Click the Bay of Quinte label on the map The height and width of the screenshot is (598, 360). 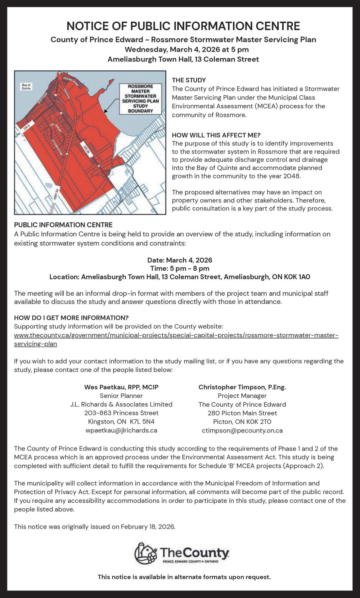[26, 87]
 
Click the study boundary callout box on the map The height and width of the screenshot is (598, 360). [140, 99]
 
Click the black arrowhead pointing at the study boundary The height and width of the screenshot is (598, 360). [105, 112]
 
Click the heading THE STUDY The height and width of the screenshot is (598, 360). [189, 80]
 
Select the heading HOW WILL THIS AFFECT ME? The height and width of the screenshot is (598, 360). [216, 135]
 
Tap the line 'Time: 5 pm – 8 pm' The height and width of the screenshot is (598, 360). [180, 268]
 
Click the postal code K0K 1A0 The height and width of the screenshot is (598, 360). [297, 277]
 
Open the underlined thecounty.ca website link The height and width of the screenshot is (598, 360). [176, 335]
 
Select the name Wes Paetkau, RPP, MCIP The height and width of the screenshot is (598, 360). [121, 387]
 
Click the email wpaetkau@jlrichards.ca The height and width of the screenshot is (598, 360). [121, 430]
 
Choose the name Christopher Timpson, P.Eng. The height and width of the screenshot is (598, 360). [242, 387]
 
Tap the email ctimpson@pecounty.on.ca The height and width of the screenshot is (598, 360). [242, 430]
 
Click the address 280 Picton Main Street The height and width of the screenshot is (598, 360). [242, 413]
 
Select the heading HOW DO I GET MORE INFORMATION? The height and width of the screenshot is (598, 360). [71, 318]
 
